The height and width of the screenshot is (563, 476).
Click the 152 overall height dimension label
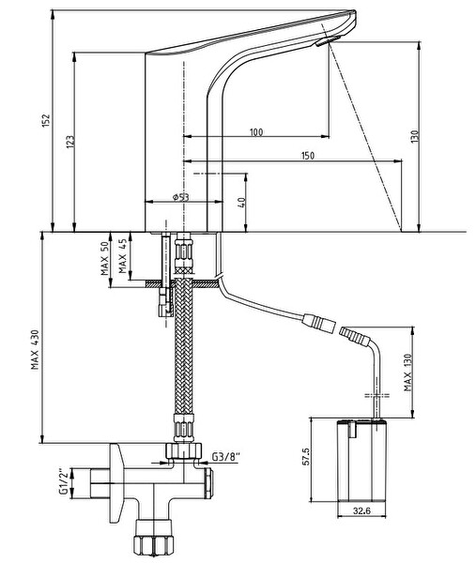(x=46, y=121)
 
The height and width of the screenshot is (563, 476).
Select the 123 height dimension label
(x=70, y=142)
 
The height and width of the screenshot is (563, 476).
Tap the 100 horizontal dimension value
(x=256, y=132)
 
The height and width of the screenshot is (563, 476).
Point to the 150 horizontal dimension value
(x=308, y=156)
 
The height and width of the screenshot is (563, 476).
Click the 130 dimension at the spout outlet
(x=415, y=137)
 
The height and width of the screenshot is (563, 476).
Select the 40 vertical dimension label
(x=242, y=203)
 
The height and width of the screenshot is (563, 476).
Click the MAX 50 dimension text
(x=104, y=259)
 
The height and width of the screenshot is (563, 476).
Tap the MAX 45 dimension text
(x=123, y=256)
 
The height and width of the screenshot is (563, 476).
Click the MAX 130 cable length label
(x=407, y=373)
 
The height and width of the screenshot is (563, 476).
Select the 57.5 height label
(x=305, y=456)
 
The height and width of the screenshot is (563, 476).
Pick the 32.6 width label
(x=361, y=510)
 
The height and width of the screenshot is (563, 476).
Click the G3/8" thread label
(x=226, y=457)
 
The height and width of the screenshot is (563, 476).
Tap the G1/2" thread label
(x=64, y=481)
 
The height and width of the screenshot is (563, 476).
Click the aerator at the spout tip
(x=329, y=40)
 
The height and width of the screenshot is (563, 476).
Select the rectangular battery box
(x=361, y=460)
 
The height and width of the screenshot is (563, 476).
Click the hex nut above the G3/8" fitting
(x=184, y=449)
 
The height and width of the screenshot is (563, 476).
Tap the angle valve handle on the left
(x=117, y=483)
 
